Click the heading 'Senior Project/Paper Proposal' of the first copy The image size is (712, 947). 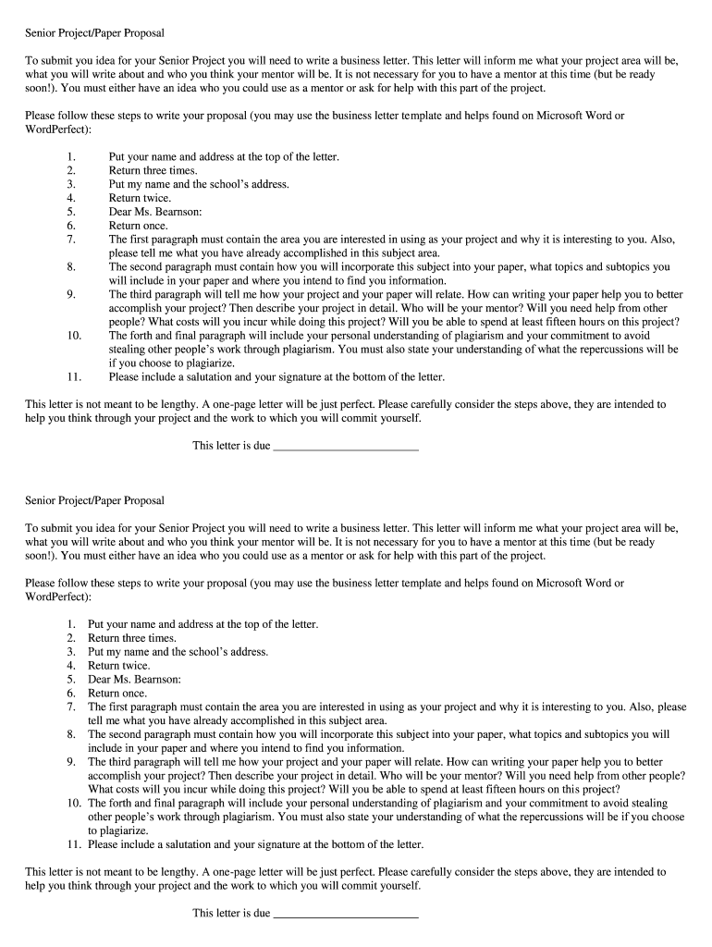[x=94, y=33]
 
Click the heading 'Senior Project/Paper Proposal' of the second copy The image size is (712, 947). [x=94, y=500]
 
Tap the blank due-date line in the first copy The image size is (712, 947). [x=347, y=446]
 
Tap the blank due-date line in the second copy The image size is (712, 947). [x=347, y=913]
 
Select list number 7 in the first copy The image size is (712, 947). [x=70, y=239]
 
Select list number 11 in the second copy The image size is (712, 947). [x=74, y=844]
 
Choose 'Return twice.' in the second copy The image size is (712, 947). [x=118, y=665]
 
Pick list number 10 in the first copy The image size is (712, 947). [x=75, y=336]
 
